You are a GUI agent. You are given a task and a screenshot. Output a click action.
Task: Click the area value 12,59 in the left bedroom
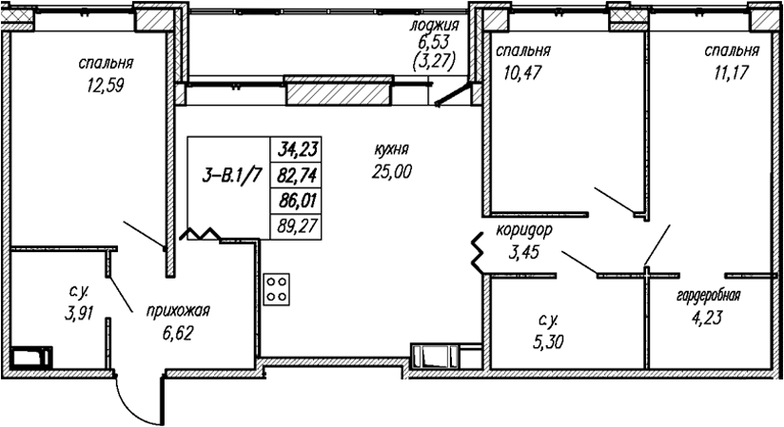(x=105, y=86)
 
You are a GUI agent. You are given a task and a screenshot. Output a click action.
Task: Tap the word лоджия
(x=434, y=25)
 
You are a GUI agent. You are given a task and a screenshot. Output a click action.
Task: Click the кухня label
(x=391, y=149)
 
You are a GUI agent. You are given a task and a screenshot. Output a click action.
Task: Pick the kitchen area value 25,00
(x=391, y=171)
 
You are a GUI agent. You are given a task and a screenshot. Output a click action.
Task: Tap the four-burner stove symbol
(x=277, y=289)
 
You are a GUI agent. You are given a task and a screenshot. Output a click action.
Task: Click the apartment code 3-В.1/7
(x=232, y=176)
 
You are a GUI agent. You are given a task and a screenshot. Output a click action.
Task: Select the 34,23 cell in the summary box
(x=297, y=149)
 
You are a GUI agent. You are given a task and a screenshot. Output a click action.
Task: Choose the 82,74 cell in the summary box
(x=297, y=175)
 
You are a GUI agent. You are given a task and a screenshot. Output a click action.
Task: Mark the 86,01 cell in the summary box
(x=297, y=201)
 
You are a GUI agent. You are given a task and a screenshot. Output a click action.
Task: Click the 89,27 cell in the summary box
(x=297, y=226)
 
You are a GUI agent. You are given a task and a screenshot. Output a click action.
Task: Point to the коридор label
(x=524, y=230)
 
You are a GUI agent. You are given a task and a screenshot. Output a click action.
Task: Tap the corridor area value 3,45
(x=523, y=252)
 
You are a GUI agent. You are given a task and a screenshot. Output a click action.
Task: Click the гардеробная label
(x=709, y=296)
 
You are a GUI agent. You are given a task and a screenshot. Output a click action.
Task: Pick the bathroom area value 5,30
(x=548, y=342)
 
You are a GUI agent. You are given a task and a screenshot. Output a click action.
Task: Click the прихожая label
(x=178, y=311)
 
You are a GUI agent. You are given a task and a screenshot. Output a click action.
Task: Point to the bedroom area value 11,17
(x=732, y=73)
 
